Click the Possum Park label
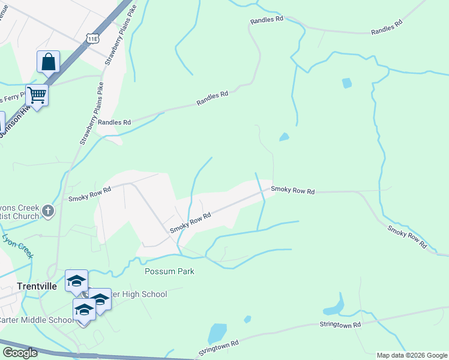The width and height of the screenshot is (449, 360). (x=169, y=271)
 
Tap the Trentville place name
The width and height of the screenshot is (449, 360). (x=37, y=286)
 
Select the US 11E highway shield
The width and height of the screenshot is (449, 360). (x=92, y=38)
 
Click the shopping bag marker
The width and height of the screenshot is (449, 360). (x=48, y=62)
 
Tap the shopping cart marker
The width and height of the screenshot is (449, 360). (x=37, y=95)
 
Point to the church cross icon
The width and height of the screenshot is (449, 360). (x=48, y=211)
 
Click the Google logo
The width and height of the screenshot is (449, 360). (x=20, y=353)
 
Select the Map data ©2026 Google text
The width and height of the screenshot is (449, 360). (x=412, y=355)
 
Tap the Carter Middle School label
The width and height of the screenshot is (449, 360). (x=36, y=320)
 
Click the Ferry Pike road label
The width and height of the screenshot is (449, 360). (x=12, y=98)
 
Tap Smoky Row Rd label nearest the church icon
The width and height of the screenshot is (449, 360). (x=90, y=194)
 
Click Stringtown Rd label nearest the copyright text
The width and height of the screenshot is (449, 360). (x=340, y=325)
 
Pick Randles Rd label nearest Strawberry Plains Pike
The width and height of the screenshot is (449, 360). (x=114, y=122)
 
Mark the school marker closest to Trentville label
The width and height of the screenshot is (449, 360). (x=76, y=281)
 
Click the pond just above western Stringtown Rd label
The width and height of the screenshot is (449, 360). (x=217, y=332)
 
